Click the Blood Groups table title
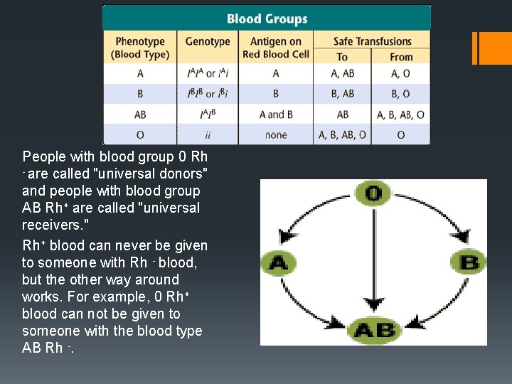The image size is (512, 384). click(x=267, y=18)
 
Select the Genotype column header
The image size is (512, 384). click(x=208, y=41)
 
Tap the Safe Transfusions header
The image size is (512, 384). click(x=372, y=41)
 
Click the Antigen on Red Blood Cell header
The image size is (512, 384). click(x=275, y=48)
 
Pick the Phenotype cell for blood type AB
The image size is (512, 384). click(x=140, y=114)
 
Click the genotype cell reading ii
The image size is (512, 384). click(x=207, y=135)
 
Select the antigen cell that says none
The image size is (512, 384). click(x=275, y=135)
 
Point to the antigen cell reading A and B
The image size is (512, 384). click(x=275, y=114)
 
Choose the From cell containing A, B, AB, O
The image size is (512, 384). click(x=401, y=114)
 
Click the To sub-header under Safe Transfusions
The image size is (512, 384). click(x=342, y=57)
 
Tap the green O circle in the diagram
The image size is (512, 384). click(x=373, y=194)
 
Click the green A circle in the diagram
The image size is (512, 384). click(x=278, y=263)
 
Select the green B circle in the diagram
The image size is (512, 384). click(x=469, y=263)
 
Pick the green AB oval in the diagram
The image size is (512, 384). click(x=374, y=331)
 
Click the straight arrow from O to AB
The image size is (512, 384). click(x=373, y=263)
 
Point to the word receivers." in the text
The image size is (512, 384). click(x=54, y=225)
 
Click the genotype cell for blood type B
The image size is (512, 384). click(x=207, y=94)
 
